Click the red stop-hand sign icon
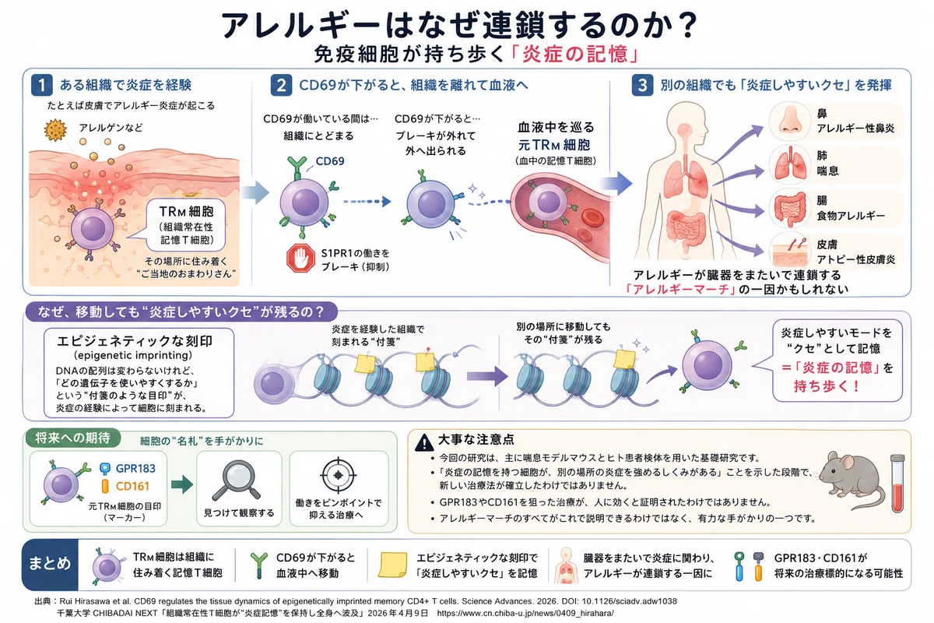click(300, 259)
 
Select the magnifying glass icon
click(237, 480)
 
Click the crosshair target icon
click(338, 475)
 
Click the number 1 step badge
click(42, 85)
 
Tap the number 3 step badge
click(642, 85)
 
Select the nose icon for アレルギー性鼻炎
click(790, 121)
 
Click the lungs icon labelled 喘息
click(790, 165)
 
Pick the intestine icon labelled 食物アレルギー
click(790, 208)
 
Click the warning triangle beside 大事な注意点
click(424, 442)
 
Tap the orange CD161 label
click(132, 486)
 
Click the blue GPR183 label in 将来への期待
click(135, 468)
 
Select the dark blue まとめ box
click(50, 565)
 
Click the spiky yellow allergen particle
click(55, 130)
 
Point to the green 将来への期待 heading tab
click(73, 438)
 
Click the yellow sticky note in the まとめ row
click(392, 565)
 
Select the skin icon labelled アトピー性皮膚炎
click(790, 252)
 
